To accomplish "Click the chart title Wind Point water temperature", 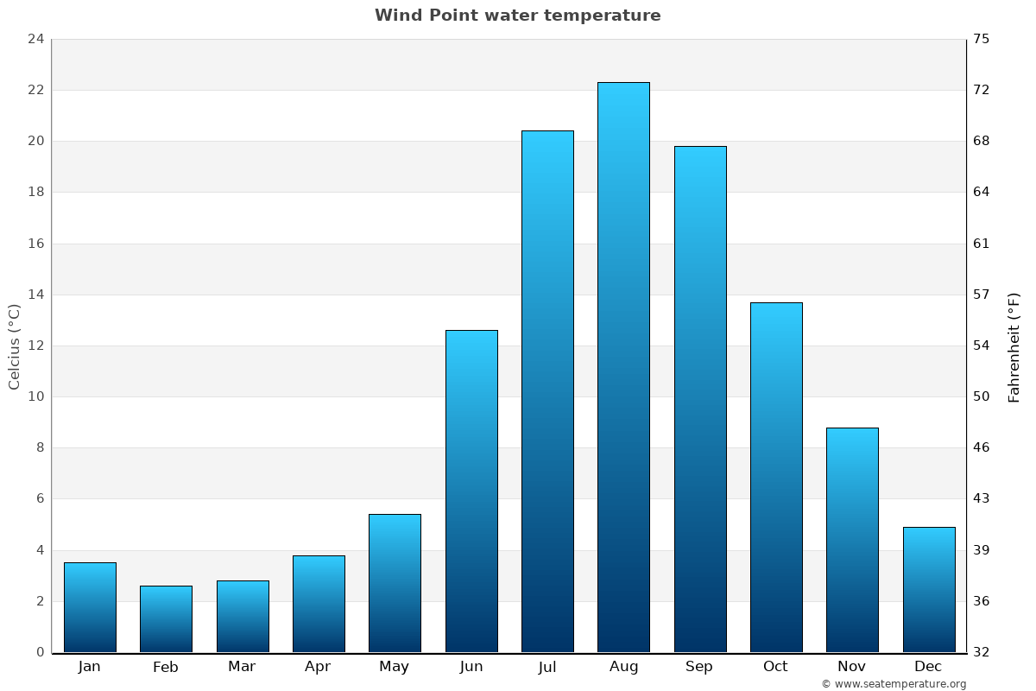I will point(518,16).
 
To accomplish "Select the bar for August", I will point(623,367).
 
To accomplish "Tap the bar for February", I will point(166,618).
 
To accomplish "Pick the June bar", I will point(471,491).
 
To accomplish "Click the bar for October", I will point(776,477).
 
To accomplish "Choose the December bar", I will point(929,589).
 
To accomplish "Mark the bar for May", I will point(395,583).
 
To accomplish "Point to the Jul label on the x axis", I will point(547,667).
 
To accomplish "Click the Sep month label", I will point(699,667).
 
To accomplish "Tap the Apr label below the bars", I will point(318,667).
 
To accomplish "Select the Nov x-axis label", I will point(851,667).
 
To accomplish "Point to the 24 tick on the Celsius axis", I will point(35,39).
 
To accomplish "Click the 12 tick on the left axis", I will point(35,345).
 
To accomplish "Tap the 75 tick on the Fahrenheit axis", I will point(982,39).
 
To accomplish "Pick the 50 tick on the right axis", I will point(982,396).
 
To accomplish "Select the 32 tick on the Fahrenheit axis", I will point(982,652).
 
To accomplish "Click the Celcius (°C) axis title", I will point(14,346).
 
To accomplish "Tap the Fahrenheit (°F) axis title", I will point(1014,346).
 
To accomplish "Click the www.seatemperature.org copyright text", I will point(894,684).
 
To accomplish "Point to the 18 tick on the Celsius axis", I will point(35,192).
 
